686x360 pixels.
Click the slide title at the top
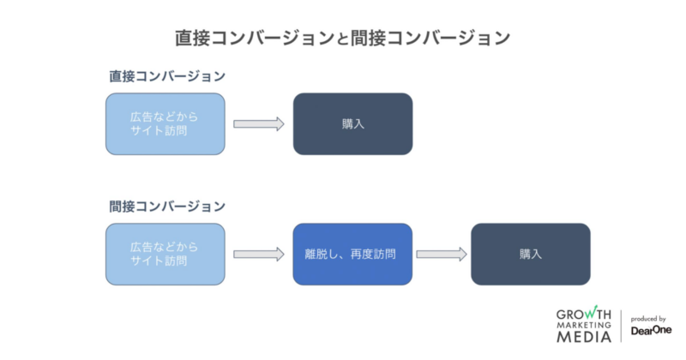[342, 38]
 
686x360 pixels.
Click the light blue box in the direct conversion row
[165, 124]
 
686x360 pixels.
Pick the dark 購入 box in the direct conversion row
[352, 124]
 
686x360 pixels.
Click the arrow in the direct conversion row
[258, 124]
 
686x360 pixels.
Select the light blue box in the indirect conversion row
[165, 255]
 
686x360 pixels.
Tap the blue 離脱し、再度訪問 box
[352, 255]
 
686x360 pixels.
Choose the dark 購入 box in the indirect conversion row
[530, 255]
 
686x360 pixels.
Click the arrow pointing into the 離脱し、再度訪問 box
[258, 255]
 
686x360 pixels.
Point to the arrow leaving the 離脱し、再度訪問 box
[441, 255]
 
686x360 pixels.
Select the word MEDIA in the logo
[583, 337]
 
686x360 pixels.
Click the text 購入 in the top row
[352, 124]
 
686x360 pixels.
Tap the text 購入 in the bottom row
[530, 255]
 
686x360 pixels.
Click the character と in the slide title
[342, 39]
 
